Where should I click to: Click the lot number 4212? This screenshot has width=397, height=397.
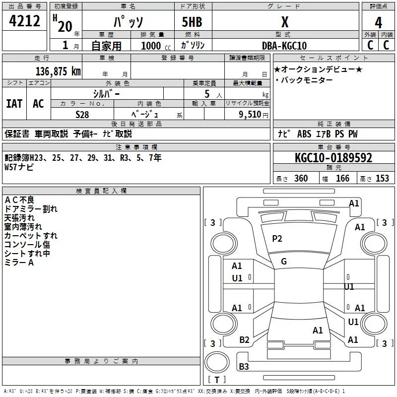click(24, 21)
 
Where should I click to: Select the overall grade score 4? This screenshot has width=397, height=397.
click(378, 23)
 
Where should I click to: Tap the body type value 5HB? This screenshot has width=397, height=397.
click(192, 22)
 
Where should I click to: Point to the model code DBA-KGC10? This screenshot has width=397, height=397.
click(284, 46)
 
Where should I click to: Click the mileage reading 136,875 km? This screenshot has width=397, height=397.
click(58, 71)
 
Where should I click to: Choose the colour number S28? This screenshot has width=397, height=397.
click(82, 115)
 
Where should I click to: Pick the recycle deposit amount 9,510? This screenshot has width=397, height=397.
click(250, 115)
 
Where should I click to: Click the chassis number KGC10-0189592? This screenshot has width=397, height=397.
click(333, 158)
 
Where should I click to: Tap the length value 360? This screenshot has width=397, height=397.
click(301, 179)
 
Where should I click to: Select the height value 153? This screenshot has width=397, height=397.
click(382, 179)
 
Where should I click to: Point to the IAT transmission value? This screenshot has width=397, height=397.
click(14, 104)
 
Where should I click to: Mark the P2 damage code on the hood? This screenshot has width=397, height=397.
click(277, 239)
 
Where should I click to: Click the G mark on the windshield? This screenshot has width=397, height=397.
click(284, 262)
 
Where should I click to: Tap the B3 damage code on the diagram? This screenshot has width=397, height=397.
click(244, 366)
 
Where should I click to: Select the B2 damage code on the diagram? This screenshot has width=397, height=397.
click(244, 340)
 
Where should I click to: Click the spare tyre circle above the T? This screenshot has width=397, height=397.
click(217, 362)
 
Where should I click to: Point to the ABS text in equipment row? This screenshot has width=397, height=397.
click(304, 134)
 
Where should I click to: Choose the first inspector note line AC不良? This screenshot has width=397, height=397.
click(19, 200)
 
